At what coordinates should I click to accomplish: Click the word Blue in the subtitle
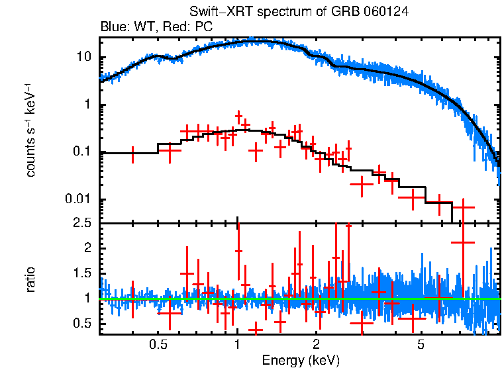coord(112,27)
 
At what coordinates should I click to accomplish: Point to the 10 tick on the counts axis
coord(84,58)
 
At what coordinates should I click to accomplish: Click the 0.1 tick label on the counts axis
coord(81,152)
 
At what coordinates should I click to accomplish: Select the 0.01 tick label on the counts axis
coord(79,200)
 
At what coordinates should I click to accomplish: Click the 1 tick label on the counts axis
coord(87,105)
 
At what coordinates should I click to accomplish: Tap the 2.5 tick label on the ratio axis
coord(81,223)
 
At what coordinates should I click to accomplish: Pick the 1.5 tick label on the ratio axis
coord(81,273)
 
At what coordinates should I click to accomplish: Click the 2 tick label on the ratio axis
coord(87,248)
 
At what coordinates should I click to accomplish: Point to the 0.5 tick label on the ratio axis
coord(81,323)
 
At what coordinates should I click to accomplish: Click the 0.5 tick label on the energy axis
coord(158,345)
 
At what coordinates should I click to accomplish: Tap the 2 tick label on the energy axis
coord(316,345)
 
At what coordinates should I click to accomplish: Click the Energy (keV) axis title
coord(300,360)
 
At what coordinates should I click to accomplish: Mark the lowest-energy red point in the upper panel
coord(133,154)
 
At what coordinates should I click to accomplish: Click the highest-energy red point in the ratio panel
coord(463,242)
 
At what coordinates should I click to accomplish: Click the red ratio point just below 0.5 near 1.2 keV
coord(255,329)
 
